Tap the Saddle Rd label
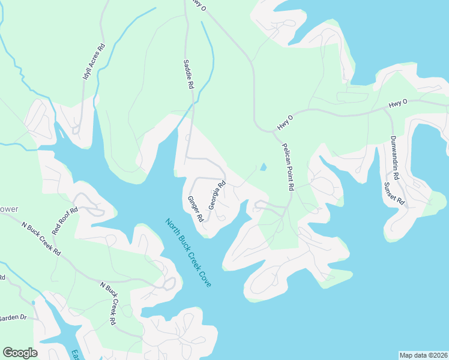[188, 74]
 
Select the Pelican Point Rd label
[288, 167]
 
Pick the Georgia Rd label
[216, 196]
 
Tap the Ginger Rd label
[196, 209]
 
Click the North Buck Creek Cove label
[188, 252]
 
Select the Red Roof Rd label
[65, 221]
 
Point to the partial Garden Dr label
[13, 317]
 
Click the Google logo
[20, 353]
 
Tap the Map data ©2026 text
[423, 355]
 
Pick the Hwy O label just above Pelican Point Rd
[285, 122]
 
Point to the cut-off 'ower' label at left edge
[9, 209]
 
